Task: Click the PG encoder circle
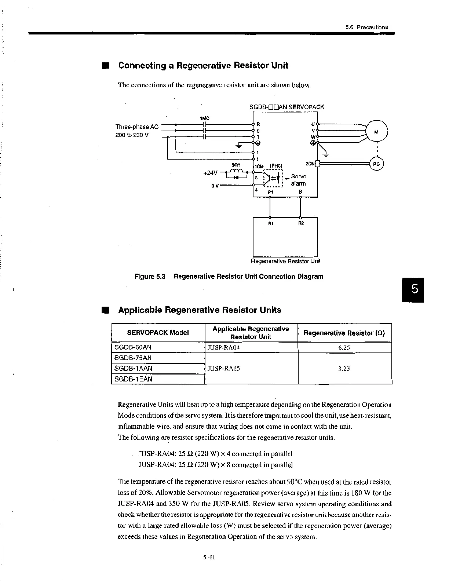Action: click(376, 164)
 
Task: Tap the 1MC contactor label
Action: click(204, 118)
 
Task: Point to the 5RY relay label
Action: click(236, 165)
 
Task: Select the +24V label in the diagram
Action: click(210, 172)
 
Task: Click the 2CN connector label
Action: click(310, 164)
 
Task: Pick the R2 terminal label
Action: click(301, 223)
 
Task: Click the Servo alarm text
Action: click(299, 180)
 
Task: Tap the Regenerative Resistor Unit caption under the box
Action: click(285, 261)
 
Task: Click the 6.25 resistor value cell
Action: click(344, 348)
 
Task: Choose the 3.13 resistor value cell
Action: click(344, 368)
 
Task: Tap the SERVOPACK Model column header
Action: click(158, 333)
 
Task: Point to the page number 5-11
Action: click(209, 558)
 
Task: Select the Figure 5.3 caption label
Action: click(150, 277)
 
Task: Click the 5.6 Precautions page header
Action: click(366, 27)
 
